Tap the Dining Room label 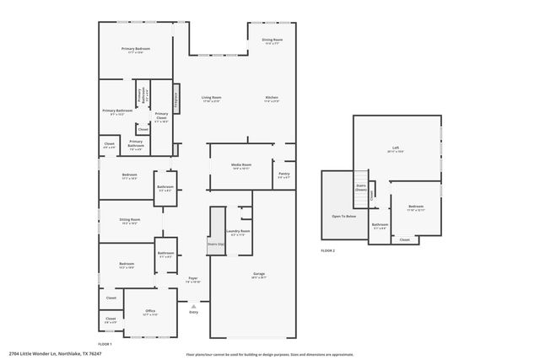point(272,40)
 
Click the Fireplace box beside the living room point(177,98)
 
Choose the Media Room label point(242,167)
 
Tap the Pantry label point(284,175)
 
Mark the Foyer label point(193,279)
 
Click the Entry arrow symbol point(193,305)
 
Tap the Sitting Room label point(130,221)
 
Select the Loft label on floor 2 point(395,148)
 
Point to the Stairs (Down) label point(361,188)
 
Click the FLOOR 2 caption point(327,251)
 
